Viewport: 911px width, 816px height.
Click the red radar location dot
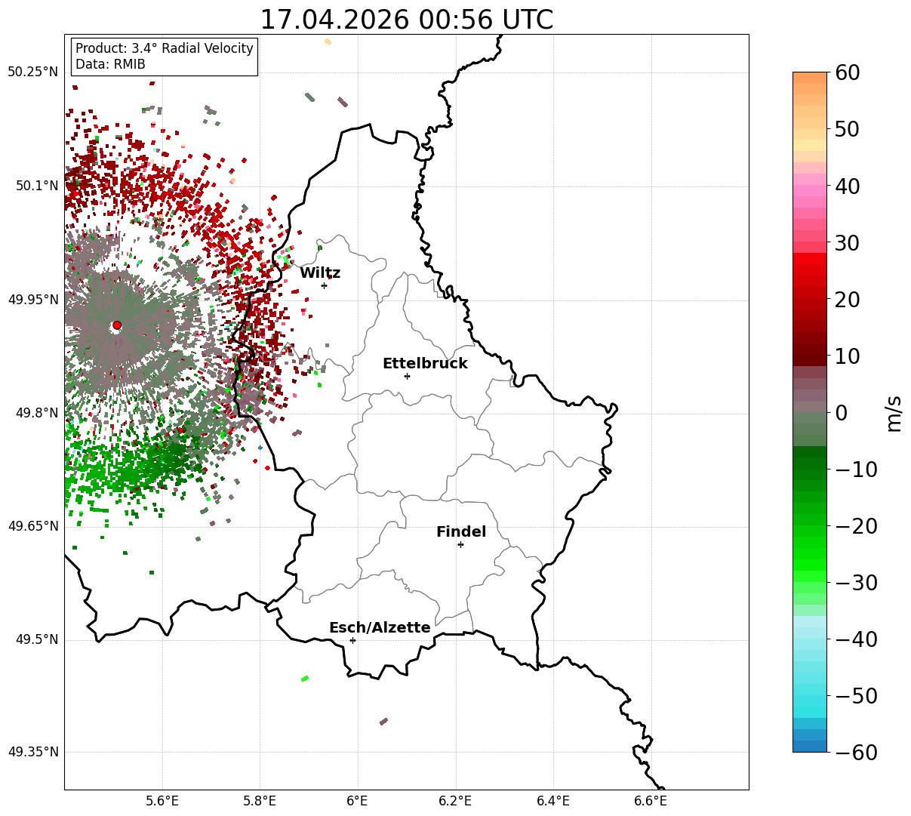[x=117, y=325]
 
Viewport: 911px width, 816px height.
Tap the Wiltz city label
[x=320, y=273]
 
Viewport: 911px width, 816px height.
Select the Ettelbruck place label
[x=425, y=363]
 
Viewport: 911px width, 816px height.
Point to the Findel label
[x=461, y=531]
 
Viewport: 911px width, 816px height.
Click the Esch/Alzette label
[x=380, y=627]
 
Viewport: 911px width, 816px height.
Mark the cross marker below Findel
[x=460, y=544]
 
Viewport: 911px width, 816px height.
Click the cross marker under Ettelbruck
[x=407, y=376]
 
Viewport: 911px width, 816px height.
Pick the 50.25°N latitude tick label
[x=32, y=72]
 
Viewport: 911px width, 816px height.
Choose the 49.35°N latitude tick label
[x=32, y=752]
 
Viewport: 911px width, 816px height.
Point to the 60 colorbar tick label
[x=847, y=72]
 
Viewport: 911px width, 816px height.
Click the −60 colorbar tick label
[x=856, y=752]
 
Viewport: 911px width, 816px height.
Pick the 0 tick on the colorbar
[x=842, y=412]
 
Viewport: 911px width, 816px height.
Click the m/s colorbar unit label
[x=894, y=414]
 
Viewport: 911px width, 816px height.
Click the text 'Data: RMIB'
[x=110, y=64]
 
